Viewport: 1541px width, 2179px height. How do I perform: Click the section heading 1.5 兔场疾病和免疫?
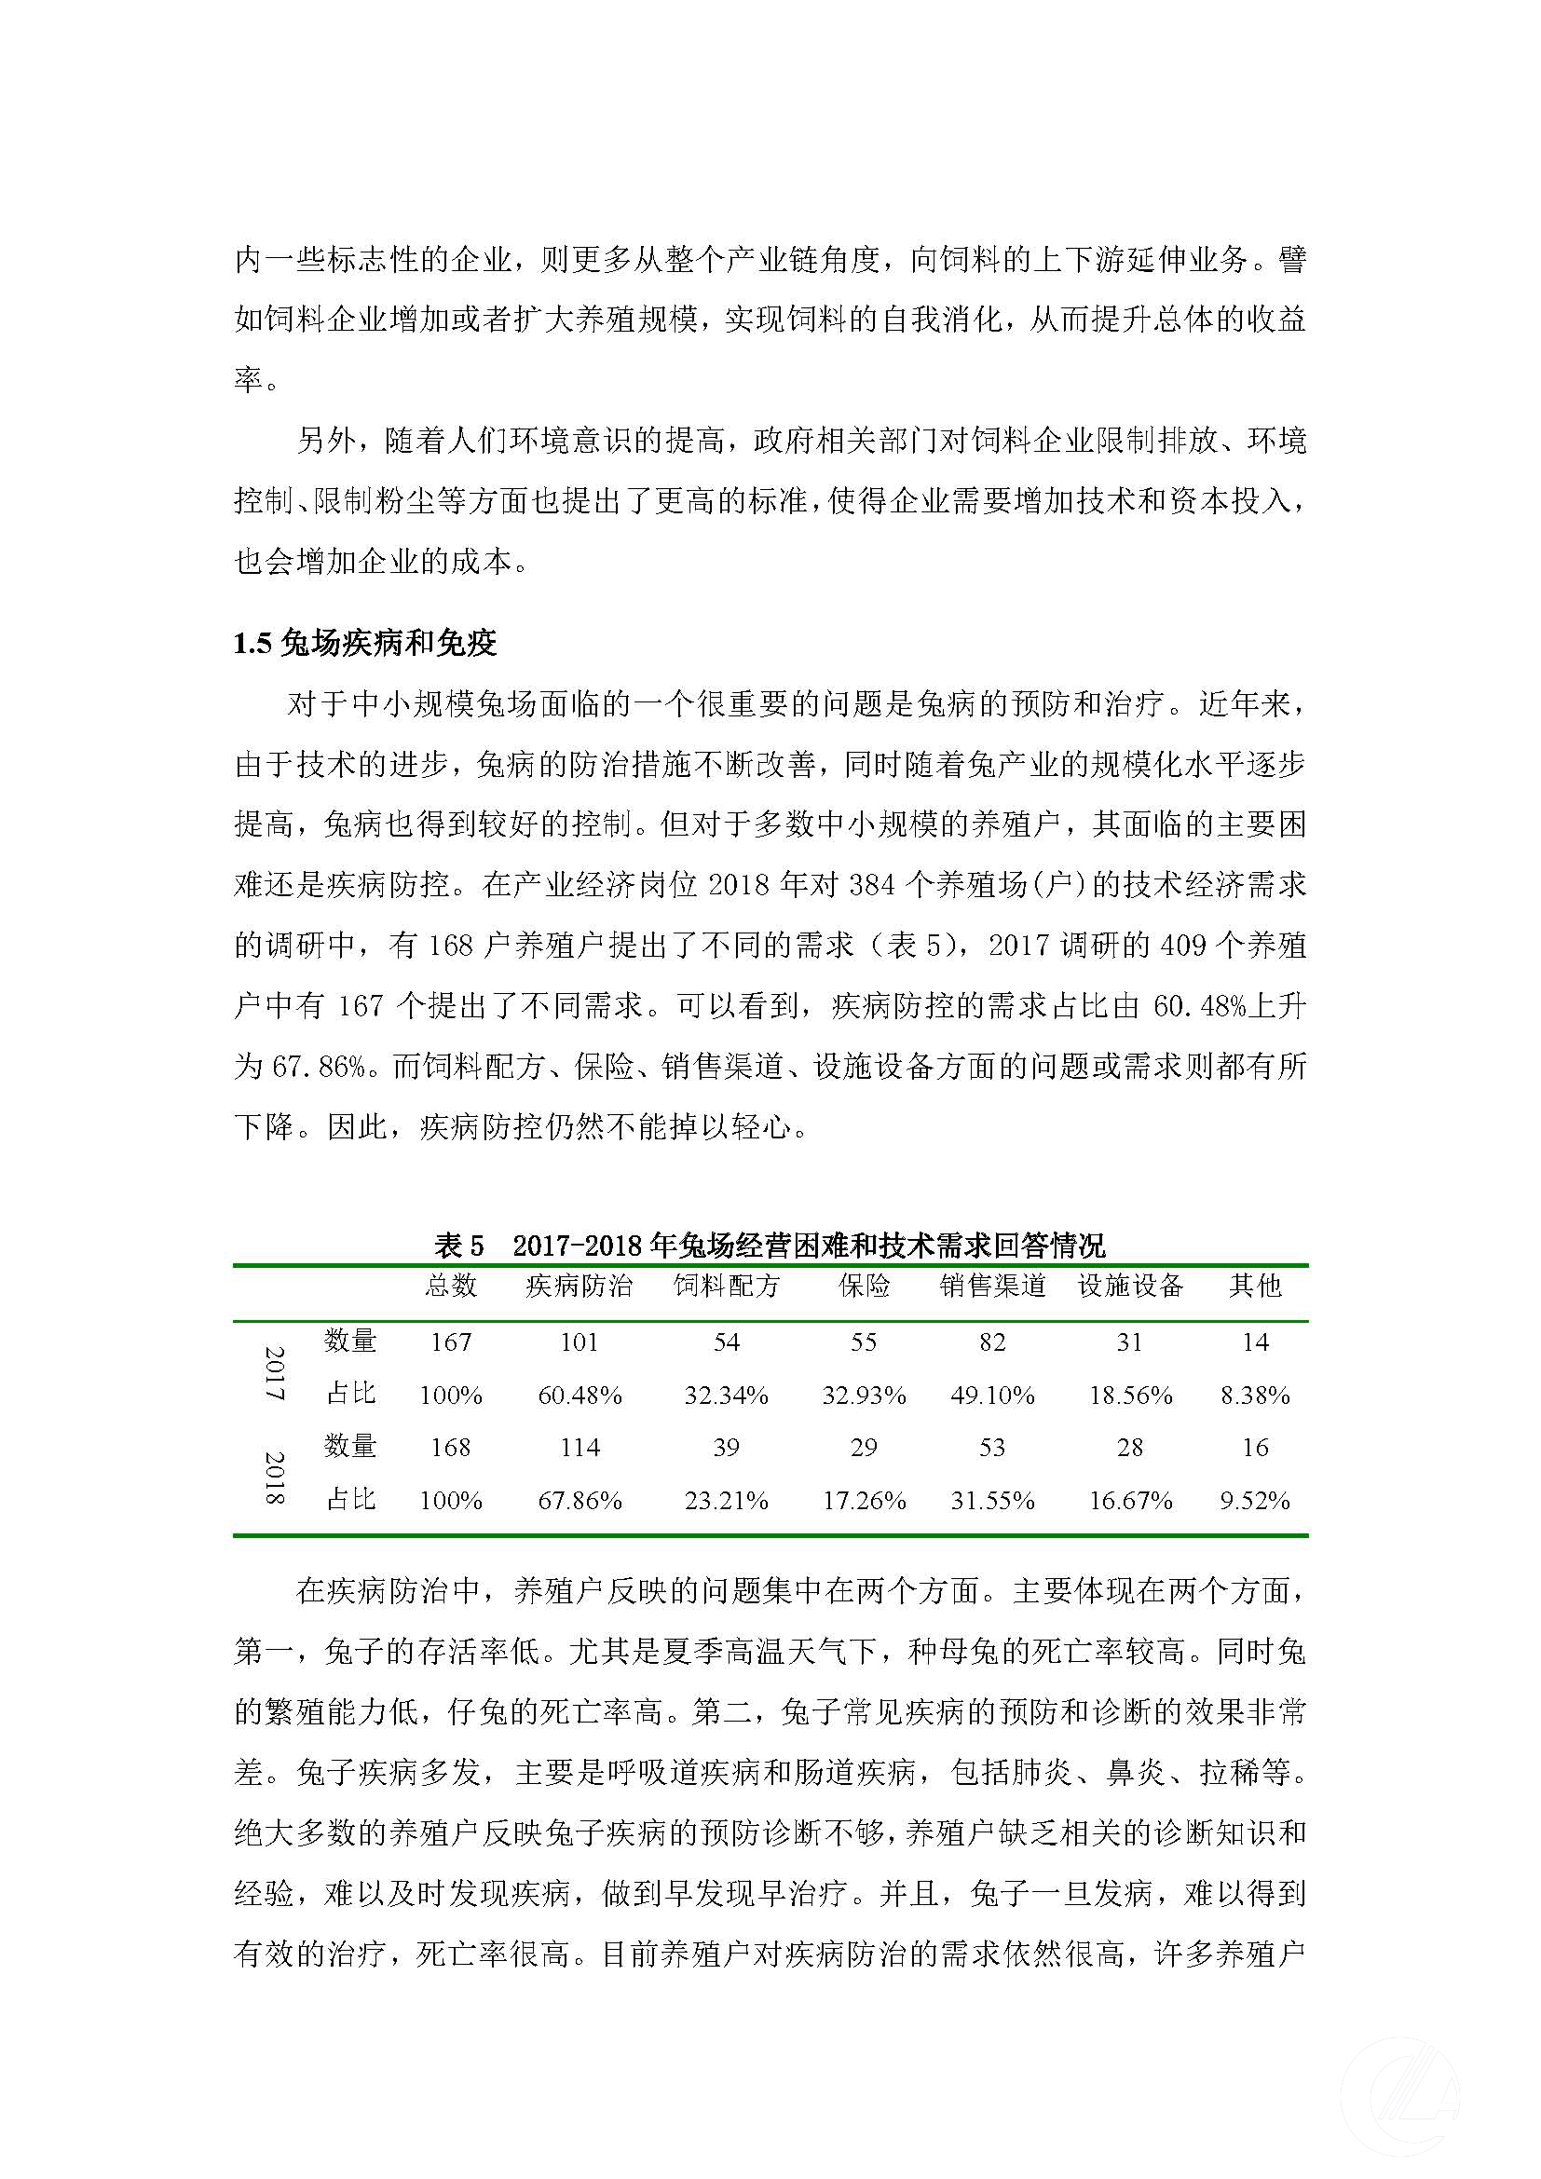pos(365,644)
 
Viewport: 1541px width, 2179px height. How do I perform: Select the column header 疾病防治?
pos(579,1286)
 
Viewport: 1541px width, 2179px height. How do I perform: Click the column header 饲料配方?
pos(726,1286)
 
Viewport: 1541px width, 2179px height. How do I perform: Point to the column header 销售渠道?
pos(992,1286)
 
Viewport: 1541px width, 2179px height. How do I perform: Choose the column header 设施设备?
pos(1130,1286)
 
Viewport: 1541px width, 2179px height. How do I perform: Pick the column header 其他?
pos(1254,1286)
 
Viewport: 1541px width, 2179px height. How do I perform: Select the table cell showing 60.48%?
pos(580,1396)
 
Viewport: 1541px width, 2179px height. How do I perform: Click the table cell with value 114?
pos(580,1448)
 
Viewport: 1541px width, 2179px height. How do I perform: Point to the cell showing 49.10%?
pos(992,1396)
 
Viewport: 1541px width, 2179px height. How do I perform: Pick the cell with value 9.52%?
pos(1254,1501)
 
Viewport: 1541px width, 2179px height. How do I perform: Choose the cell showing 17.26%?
pos(864,1501)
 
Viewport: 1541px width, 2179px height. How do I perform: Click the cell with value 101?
pos(580,1341)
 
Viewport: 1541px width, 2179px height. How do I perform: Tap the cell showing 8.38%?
pos(1254,1396)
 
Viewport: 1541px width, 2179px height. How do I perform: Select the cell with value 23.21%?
pos(726,1501)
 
